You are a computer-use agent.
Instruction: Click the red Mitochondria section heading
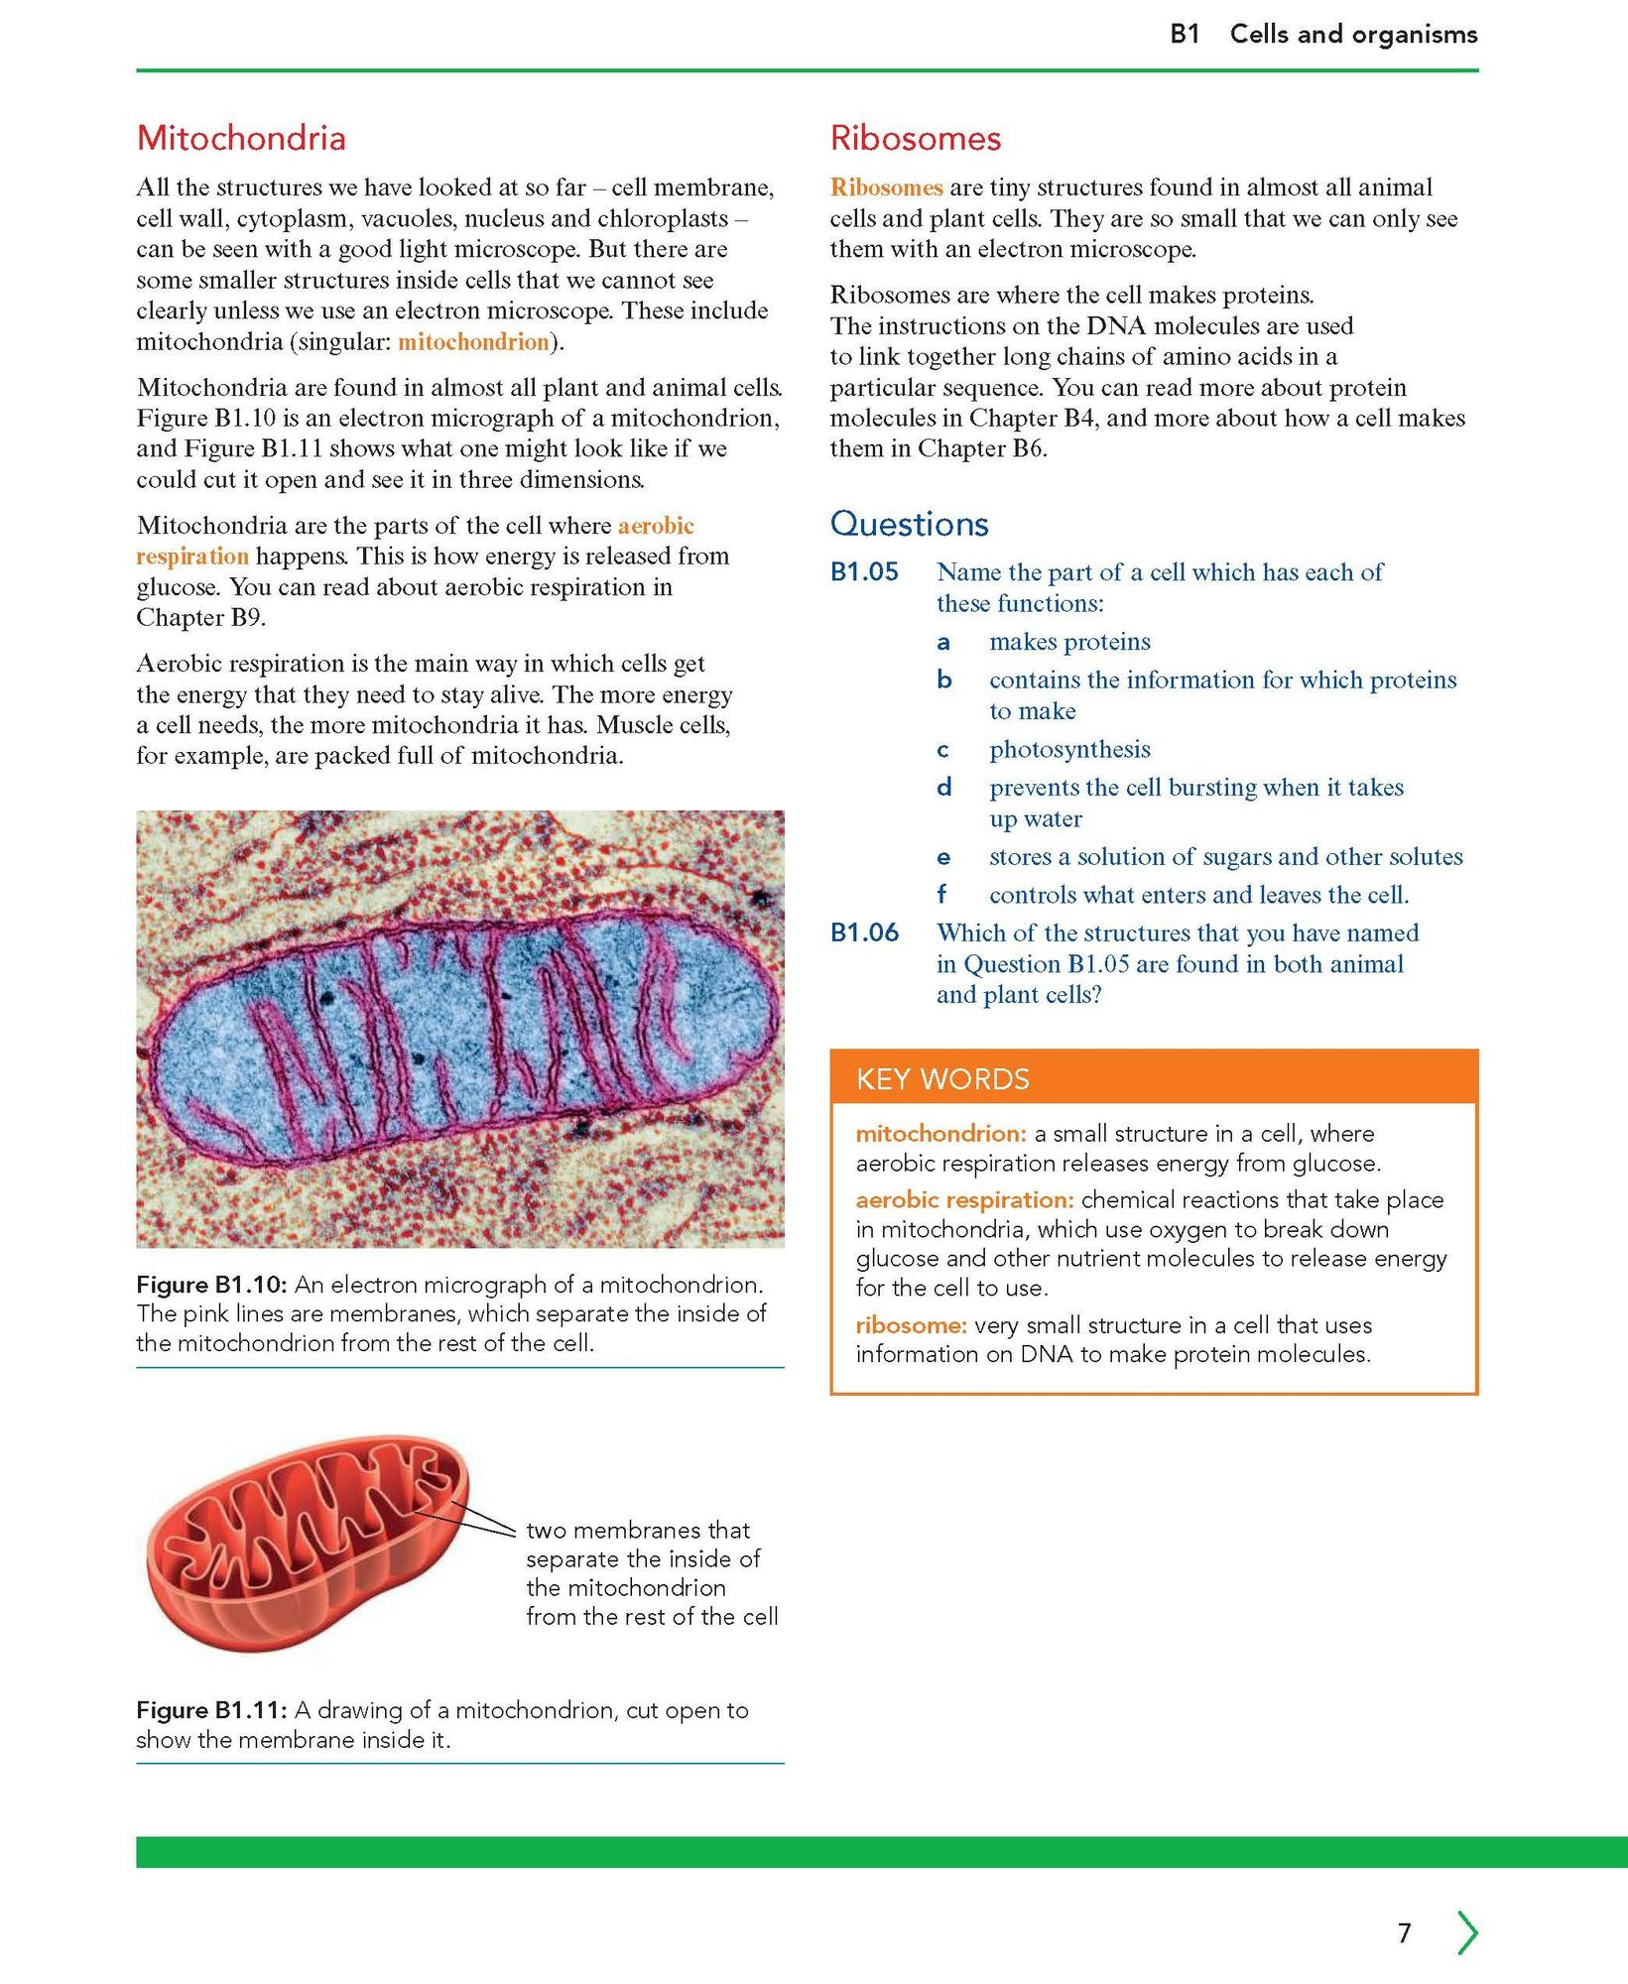(x=241, y=138)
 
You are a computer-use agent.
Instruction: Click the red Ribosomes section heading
(x=916, y=138)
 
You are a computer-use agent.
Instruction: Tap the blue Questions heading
(x=909, y=524)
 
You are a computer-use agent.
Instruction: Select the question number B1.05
(x=864, y=572)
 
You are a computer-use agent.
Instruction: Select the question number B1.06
(x=864, y=932)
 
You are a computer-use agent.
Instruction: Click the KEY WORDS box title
(x=942, y=1078)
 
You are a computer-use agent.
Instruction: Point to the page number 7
(x=1404, y=1932)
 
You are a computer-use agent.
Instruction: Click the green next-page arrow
(x=1467, y=1932)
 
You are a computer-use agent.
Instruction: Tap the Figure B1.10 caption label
(x=211, y=1285)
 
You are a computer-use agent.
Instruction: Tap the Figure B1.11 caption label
(x=211, y=1710)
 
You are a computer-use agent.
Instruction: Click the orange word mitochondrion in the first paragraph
(x=473, y=342)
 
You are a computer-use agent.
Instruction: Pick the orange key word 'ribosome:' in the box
(x=911, y=1325)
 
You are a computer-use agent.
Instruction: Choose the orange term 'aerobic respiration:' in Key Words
(x=964, y=1200)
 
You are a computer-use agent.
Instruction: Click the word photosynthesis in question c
(x=1069, y=749)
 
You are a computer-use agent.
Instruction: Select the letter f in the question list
(x=941, y=895)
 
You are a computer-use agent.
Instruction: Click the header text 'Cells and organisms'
(x=1353, y=35)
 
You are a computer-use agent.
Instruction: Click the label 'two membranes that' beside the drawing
(x=638, y=1530)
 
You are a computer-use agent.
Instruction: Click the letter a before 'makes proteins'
(x=943, y=643)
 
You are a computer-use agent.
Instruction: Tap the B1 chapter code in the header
(x=1185, y=35)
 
